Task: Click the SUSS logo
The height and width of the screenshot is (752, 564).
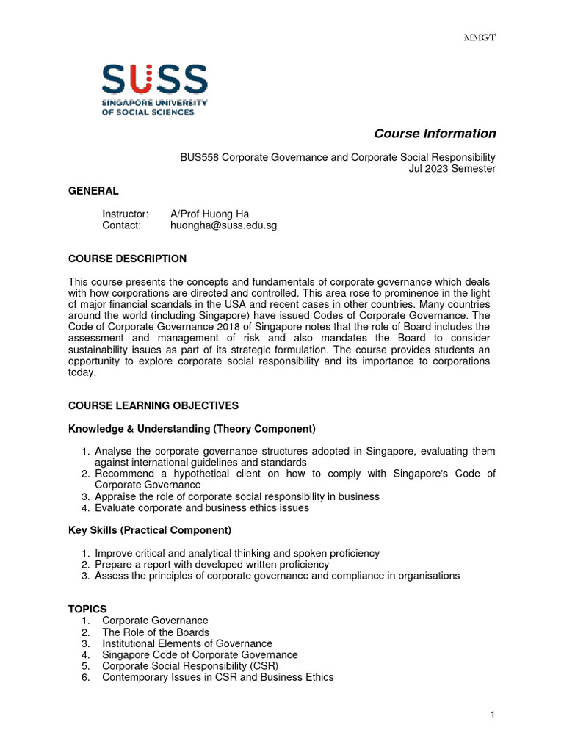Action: pyautogui.click(x=154, y=89)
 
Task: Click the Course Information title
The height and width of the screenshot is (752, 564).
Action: pyautogui.click(x=435, y=134)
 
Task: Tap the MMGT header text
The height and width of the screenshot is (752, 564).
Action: pyautogui.click(x=482, y=38)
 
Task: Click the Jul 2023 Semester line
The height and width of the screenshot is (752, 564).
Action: pyautogui.click(x=452, y=169)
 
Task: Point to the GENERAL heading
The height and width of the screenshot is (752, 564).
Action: pyautogui.click(x=93, y=191)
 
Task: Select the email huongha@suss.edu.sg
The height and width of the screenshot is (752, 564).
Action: pyautogui.click(x=223, y=225)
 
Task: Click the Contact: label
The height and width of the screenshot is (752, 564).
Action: pyautogui.click(x=121, y=225)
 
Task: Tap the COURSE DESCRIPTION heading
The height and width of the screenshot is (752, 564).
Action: pyautogui.click(x=127, y=258)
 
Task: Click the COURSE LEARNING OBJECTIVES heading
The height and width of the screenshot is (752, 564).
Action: pyautogui.click(x=153, y=405)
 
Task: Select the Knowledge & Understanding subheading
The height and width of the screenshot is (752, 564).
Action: pyautogui.click(x=192, y=428)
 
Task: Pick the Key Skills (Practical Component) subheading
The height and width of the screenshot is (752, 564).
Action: pyautogui.click(x=150, y=530)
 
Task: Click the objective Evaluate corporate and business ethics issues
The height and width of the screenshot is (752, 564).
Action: pyautogui.click(x=202, y=507)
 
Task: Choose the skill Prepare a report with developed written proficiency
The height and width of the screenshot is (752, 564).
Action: pyautogui.click(x=211, y=565)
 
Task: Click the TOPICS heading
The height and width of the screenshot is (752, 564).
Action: pyautogui.click(x=87, y=609)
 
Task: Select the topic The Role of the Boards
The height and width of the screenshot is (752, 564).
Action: pyautogui.click(x=156, y=632)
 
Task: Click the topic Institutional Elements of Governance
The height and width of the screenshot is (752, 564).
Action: pyautogui.click(x=187, y=643)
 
